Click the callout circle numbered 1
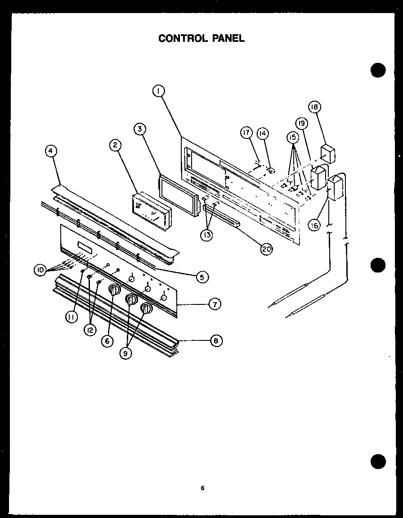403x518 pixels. [158, 92]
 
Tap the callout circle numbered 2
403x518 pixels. [115, 145]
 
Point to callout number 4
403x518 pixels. [51, 152]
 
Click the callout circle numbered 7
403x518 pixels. [215, 304]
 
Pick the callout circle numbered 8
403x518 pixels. [216, 341]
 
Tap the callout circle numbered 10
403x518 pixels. [40, 270]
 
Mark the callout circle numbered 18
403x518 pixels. [314, 107]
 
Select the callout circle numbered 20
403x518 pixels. [267, 248]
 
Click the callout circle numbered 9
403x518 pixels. [126, 353]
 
